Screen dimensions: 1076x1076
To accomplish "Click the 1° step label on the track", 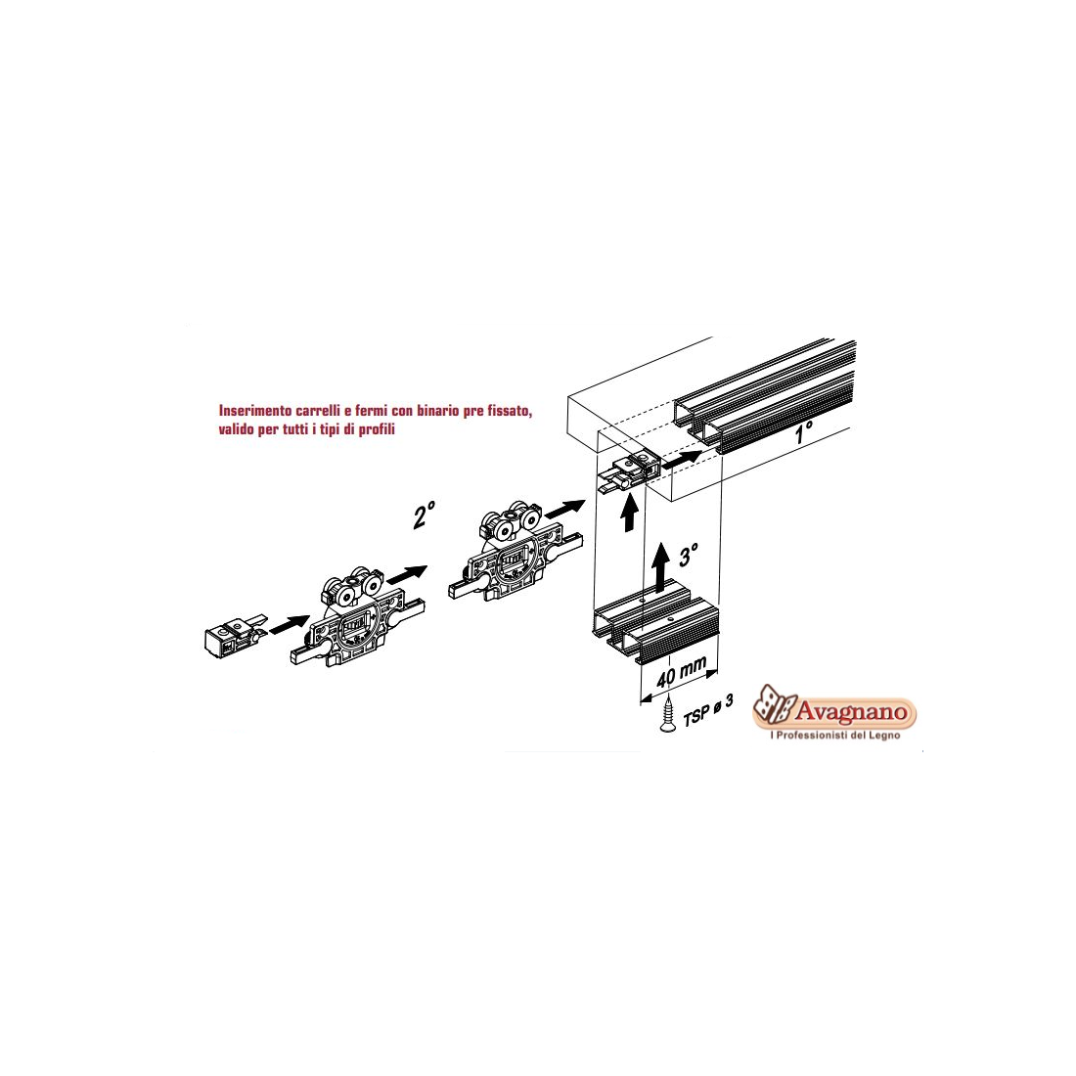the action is (803, 433).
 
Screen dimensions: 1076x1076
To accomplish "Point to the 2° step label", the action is (425, 514).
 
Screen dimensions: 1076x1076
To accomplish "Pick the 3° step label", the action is (689, 555).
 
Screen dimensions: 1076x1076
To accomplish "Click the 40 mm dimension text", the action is (681, 672).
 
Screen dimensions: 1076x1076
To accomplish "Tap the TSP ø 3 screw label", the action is (708, 709).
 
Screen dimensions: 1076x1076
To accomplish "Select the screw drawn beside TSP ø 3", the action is (667, 714).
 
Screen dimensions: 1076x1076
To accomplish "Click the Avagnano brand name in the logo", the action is (851, 711).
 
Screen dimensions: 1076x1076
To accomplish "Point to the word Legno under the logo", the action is (884, 735).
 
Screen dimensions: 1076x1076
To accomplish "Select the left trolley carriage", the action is (357, 615).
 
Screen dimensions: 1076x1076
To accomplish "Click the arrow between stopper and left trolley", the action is (289, 624).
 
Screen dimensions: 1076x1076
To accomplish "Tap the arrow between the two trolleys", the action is (407, 574).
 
